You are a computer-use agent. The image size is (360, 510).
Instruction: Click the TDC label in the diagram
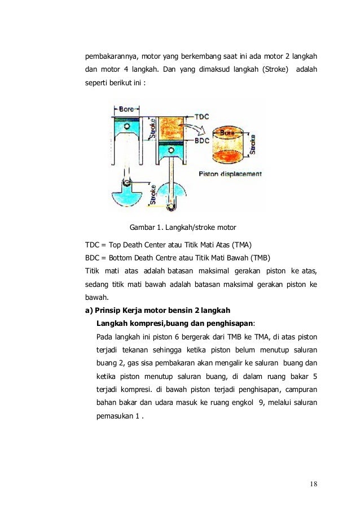(201, 117)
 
